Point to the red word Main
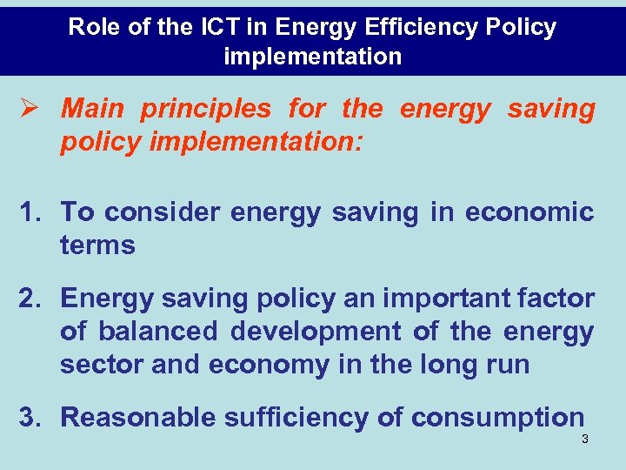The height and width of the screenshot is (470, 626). tap(92, 110)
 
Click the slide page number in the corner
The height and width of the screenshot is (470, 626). tap(585, 440)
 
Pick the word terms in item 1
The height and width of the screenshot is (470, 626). tap(97, 245)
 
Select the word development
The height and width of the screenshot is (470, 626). tap(316, 332)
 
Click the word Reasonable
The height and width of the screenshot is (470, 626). tap(138, 418)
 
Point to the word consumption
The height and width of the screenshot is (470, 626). tap(497, 418)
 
